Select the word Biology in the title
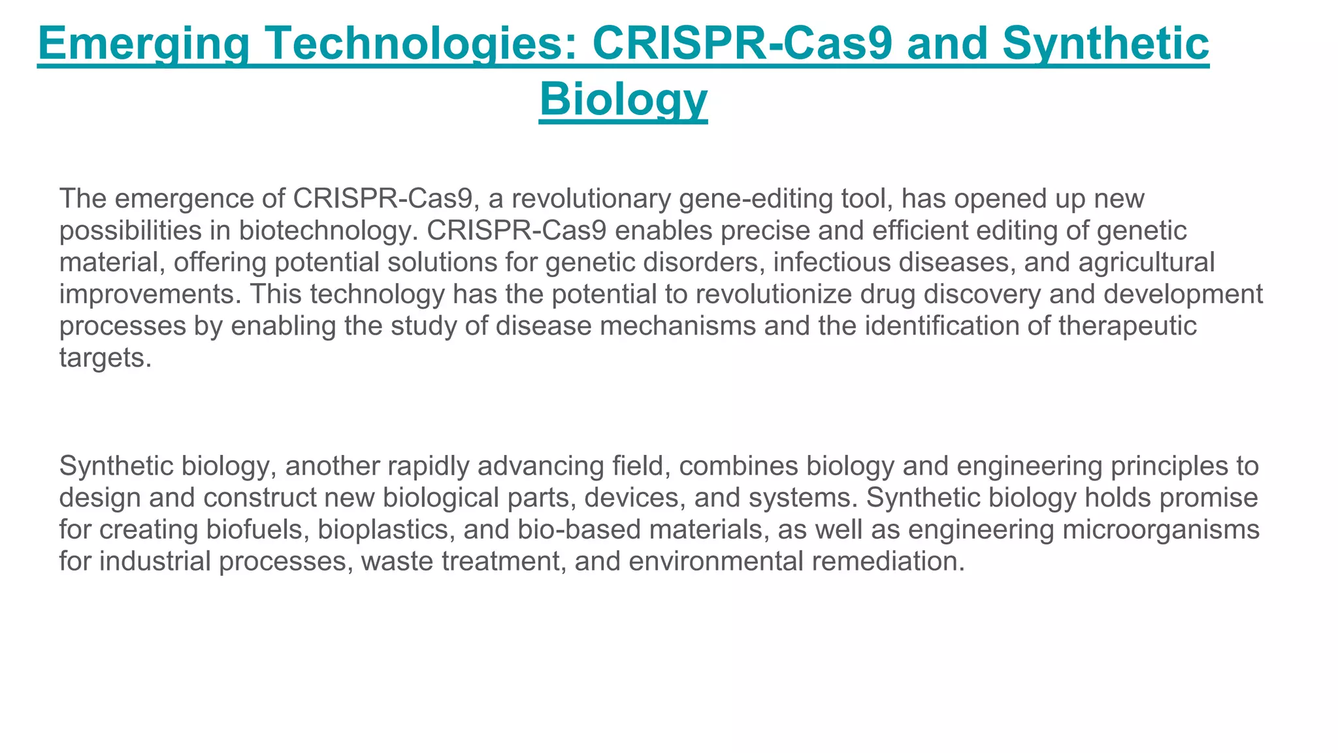[x=623, y=99]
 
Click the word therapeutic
[x=1127, y=326]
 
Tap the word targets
[x=105, y=358]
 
